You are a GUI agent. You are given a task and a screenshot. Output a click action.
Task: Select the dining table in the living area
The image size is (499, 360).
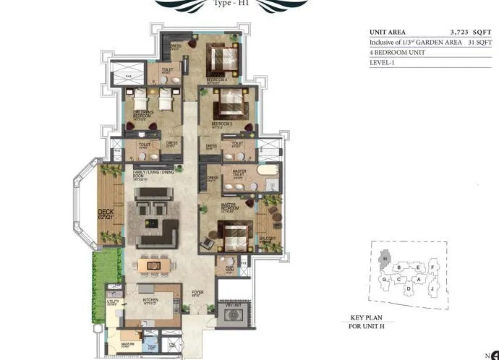click(x=153, y=266)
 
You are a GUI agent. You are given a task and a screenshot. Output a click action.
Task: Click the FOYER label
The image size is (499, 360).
click(x=196, y=293)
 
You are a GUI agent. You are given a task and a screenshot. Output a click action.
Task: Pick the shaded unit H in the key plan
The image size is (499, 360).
click(x=385, y=258)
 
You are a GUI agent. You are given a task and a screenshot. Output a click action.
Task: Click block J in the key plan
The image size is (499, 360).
click(x=432, y=288)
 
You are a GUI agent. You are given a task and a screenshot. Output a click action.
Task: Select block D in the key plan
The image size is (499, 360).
click(x=408, y=289)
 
